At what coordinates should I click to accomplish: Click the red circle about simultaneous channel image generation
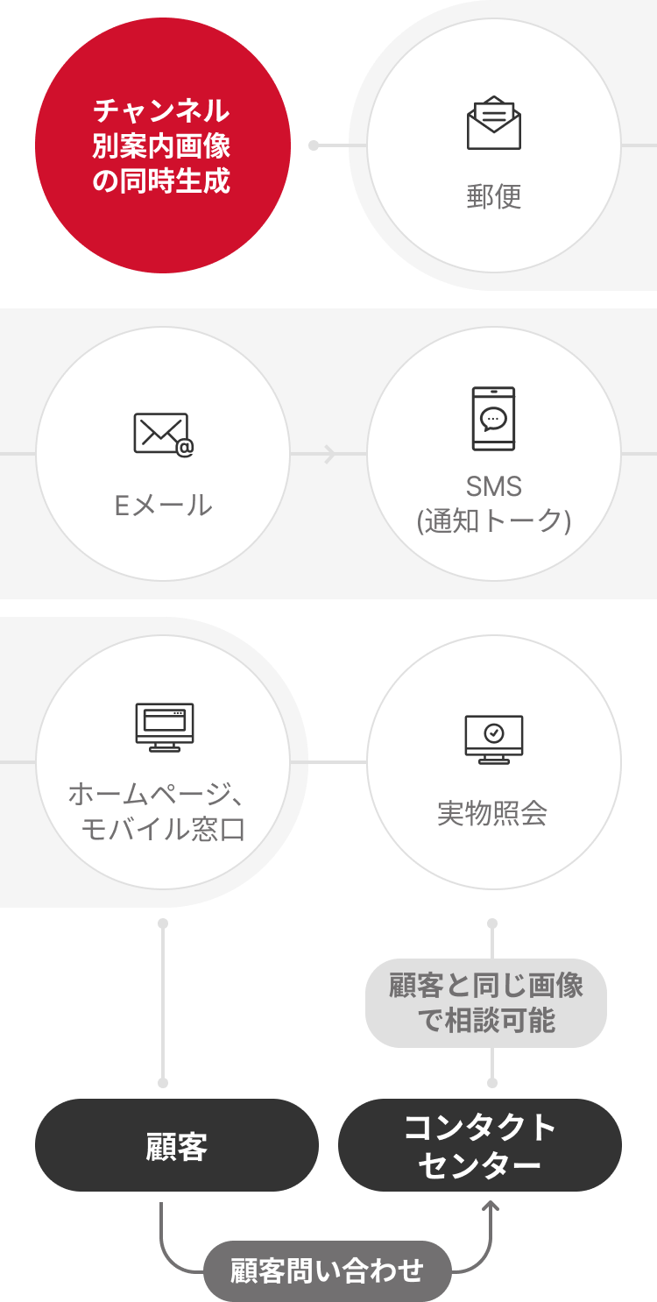[163, 145]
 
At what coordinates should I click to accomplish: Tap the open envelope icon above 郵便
[494, 124]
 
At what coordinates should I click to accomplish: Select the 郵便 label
[494, 197]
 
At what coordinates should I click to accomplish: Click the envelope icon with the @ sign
[164, 435]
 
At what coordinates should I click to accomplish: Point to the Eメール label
[164, 506]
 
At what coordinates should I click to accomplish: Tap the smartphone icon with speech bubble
[494, 419]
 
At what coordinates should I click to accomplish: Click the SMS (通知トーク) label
[494, 504]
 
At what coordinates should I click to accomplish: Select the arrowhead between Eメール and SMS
[330, 454]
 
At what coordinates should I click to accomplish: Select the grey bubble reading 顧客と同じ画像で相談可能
[486, 1003]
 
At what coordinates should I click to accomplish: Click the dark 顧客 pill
[177, 1145]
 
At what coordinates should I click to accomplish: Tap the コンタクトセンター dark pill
[480, 1145]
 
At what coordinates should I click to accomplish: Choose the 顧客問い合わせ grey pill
[328, 1270]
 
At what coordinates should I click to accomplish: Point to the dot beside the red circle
[314, 145]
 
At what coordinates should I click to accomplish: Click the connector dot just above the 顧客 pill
[163, 1083]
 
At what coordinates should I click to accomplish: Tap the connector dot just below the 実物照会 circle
[492, 923]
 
